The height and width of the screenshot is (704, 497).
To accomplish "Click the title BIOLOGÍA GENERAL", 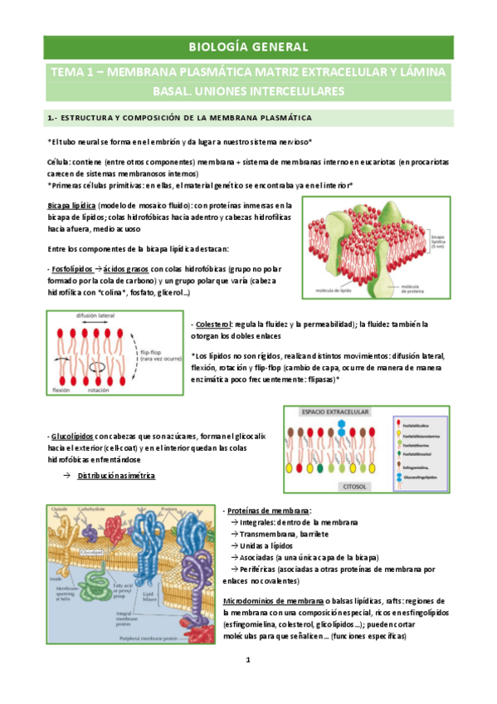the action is [x=248, y=47].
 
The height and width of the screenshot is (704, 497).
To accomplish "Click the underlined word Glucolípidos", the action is [x=69, y=435].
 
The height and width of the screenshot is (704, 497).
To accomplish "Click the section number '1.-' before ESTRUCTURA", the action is [x=51, y=118].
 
